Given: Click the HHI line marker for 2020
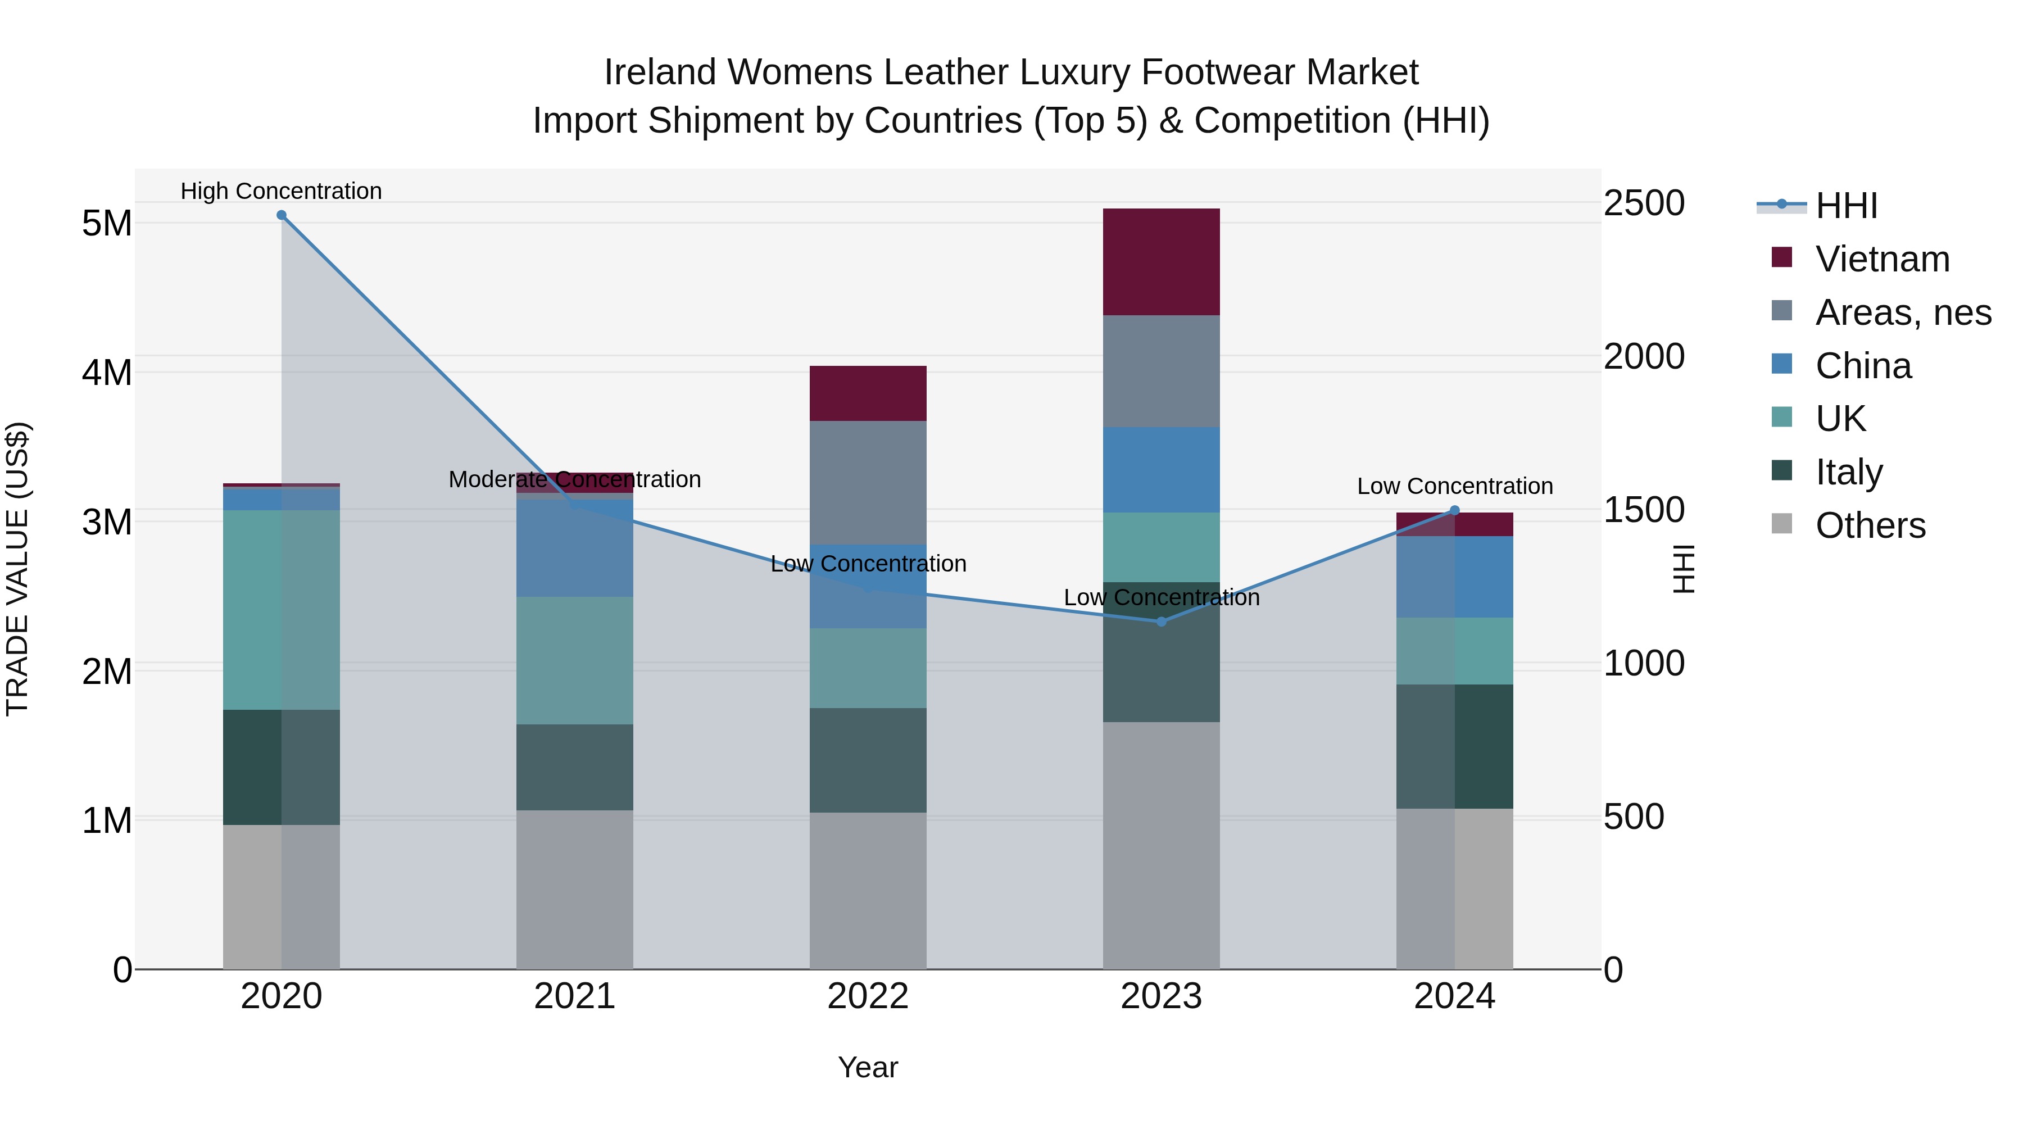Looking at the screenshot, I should tap(281, 215).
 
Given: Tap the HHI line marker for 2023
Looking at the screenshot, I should tap(1162, 621).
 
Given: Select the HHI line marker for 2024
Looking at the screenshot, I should tap(1454, 510).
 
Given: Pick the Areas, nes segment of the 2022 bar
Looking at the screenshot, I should tap(868, 482).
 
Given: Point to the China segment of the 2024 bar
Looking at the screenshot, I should tap(1454, 577).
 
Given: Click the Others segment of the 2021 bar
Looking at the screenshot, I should tap(575, 889).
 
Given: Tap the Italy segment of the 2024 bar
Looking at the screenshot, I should tap(1454, 746).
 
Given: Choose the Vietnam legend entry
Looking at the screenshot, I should tap(1881, 259).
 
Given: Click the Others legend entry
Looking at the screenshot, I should tap(1870, 525).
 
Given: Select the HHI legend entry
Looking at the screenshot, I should tap(1845, 206).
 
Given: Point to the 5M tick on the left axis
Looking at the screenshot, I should tap(107, 223).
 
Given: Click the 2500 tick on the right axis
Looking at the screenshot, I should tap(1644, 203).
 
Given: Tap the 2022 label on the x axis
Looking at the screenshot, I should tap(868, 996).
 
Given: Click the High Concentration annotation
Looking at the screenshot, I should tap(281, 191).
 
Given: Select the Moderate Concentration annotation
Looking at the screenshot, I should tap(575, 479).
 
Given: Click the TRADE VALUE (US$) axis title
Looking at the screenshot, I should tap(17, 569).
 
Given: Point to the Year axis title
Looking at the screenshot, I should tap(868, 1067).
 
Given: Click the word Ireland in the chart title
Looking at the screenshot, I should tap(660, 72).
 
